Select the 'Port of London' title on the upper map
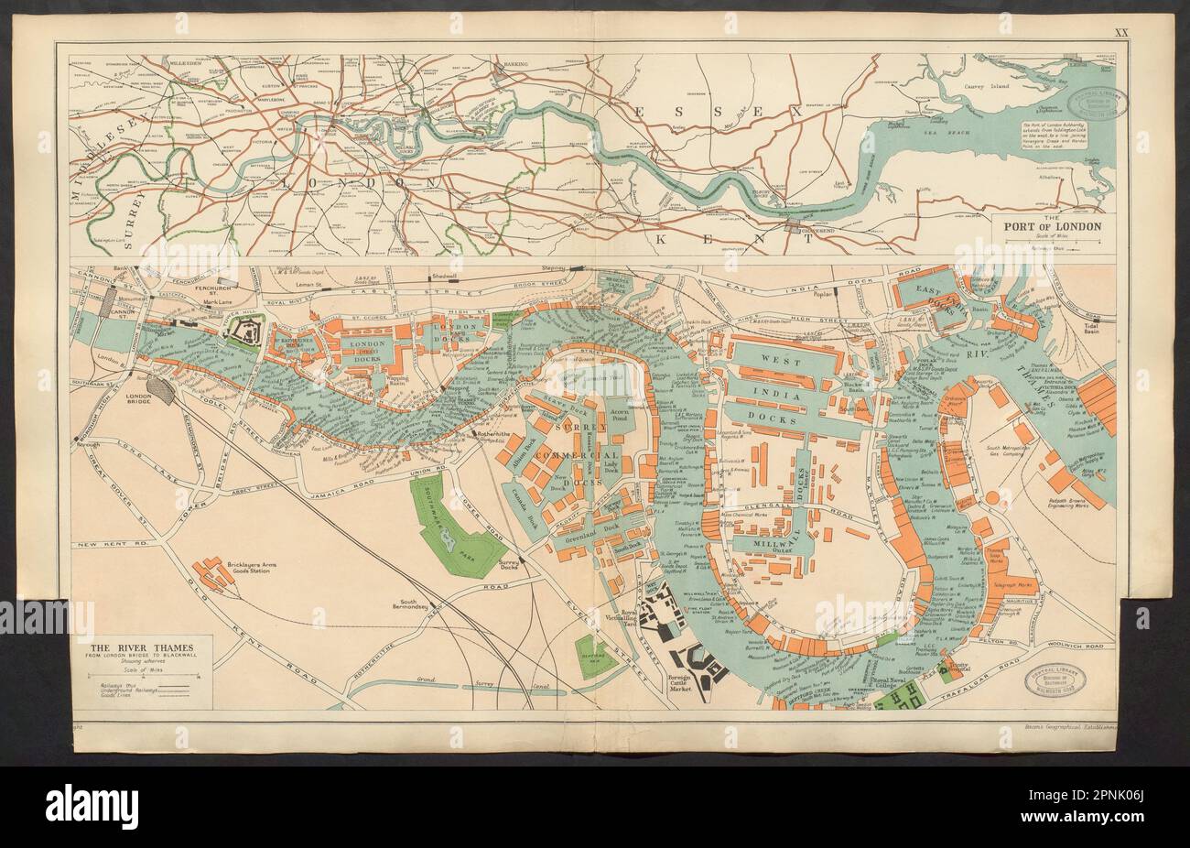[x=1054, y=225]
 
